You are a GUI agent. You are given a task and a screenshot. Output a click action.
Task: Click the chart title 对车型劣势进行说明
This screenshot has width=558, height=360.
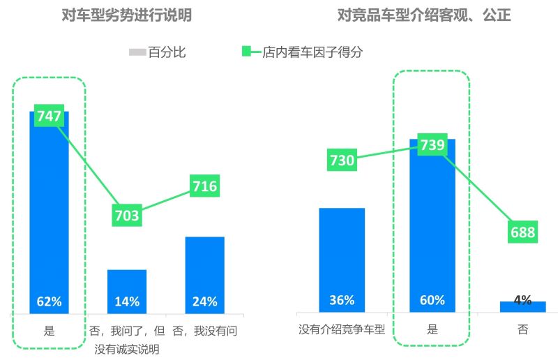(x=127, y=15)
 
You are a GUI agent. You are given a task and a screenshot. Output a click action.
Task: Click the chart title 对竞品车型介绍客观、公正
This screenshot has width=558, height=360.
(x=424, y=15)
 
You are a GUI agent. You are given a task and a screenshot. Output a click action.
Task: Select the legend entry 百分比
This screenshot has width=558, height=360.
(x=158, y=52)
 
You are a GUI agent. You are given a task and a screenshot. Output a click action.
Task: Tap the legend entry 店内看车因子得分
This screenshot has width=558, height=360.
(x=312, y=52)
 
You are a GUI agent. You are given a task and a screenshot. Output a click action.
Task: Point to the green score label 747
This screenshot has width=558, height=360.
(x=49, y=117)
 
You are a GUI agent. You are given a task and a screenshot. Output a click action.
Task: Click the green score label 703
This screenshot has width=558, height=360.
(x=126, y=216)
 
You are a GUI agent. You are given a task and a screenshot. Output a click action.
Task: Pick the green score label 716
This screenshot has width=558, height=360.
(x=205, y=186)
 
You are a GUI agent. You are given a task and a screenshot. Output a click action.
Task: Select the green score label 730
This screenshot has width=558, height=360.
(x=342, y=160)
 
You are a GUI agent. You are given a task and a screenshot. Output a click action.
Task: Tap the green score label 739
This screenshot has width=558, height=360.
(x=432, y=144)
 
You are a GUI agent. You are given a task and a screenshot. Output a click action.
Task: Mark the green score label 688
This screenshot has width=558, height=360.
(x=522, y=232)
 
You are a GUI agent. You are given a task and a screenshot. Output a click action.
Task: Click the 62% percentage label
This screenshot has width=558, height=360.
(x=49, y=302)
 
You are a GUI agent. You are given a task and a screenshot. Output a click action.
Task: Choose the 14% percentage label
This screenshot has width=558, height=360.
(x=127, y=302)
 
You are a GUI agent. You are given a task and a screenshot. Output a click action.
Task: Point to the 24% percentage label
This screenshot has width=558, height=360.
(x=205, y=302)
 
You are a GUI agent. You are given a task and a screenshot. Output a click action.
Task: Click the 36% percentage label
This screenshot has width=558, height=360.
(x=342, y=301)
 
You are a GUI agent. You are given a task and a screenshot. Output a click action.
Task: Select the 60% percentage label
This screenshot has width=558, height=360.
(x=432, y=301)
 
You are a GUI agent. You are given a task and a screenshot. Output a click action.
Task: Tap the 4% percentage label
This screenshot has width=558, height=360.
(x=522, y=300)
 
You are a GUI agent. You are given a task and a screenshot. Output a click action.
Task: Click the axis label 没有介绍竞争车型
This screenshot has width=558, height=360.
(x=342, y=330)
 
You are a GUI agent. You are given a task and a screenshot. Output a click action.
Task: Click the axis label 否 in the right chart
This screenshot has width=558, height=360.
(x=522, y=330)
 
